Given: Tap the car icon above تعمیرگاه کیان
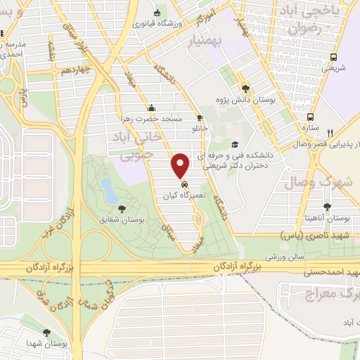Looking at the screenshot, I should click(x=184, y=186).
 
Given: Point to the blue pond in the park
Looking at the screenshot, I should click(x=108, y=188).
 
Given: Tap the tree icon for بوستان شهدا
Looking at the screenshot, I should click(x=47, y=333).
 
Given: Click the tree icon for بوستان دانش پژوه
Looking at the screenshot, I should click(x=245, y=89).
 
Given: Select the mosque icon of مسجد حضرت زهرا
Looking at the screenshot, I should click(x=150, y=108).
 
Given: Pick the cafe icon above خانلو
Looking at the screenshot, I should click(x=200, y=117).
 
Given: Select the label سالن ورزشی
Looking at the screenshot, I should click(x=280, y=258).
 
